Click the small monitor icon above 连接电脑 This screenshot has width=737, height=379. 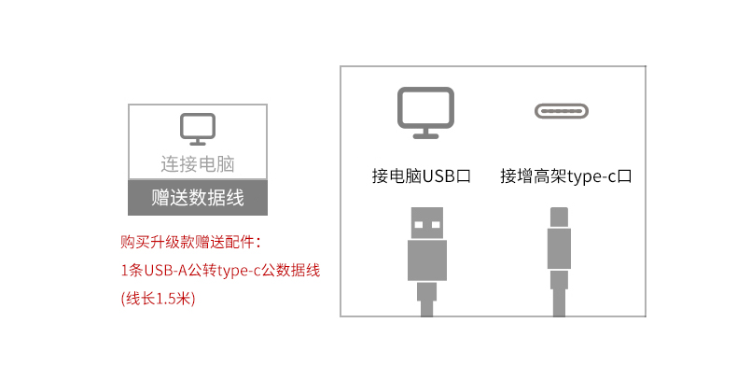[197, 129]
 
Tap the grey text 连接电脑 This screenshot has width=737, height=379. [197, 164]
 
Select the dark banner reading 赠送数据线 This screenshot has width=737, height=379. [197, 197]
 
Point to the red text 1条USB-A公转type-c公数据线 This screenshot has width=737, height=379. [221, 272]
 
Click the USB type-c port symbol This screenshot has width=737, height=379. [562, 111]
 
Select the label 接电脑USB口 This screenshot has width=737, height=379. [420, 175]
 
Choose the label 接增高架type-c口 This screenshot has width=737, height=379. [566, 175]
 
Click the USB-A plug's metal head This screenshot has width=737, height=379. [427, 223]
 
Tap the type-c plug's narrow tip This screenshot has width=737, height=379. [560, 217]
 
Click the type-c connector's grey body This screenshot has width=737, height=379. [560, 249]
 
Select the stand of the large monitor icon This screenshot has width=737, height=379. [425, 133]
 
